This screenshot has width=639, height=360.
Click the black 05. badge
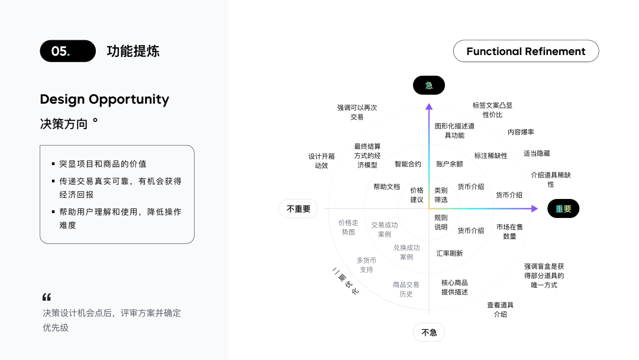point(67,51)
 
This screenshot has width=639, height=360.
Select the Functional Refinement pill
point(525,51)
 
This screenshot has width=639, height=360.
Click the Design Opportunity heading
point(104,99)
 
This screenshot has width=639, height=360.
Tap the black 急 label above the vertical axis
point(428,85)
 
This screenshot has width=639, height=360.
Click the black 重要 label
point(563,208)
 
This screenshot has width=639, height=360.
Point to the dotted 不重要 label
point(298,208)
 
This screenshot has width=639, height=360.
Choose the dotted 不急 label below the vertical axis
point(428,332)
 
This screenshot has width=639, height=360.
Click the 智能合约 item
point(408,164)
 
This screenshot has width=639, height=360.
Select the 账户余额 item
point(449,164)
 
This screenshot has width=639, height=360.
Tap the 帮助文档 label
point(386,187)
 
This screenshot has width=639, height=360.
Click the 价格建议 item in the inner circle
point(417,195)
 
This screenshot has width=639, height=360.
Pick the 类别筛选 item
point(441,195)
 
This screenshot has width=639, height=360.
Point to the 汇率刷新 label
point(449,253)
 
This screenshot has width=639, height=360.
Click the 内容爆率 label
point(521,132)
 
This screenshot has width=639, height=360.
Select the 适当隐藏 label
point(536,153)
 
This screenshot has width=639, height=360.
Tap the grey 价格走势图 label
point(348,227)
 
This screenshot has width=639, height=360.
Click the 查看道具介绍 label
point(500,309)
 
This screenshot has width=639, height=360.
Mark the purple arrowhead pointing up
point(429,107)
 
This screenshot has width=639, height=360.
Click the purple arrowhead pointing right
point(535,208)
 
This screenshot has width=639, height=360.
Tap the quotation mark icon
point(47,297)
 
